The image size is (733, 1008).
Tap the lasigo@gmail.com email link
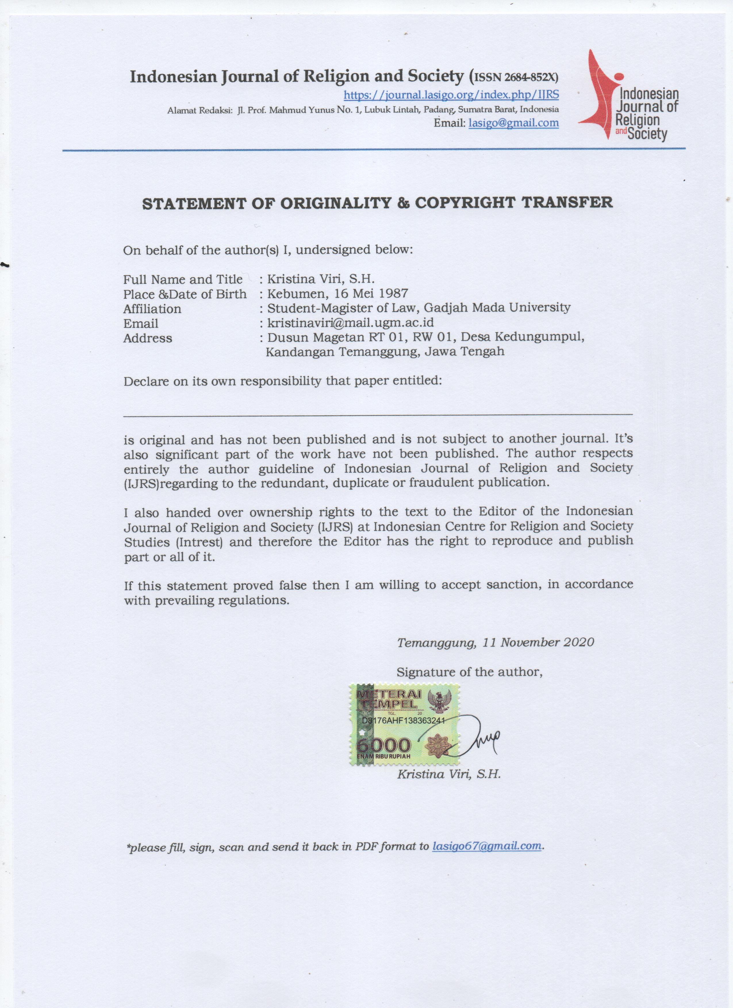514,123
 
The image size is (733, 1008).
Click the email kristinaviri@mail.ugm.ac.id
350,323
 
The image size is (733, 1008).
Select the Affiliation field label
152,309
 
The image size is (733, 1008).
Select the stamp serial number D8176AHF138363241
403,721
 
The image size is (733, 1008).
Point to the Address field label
148,338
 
